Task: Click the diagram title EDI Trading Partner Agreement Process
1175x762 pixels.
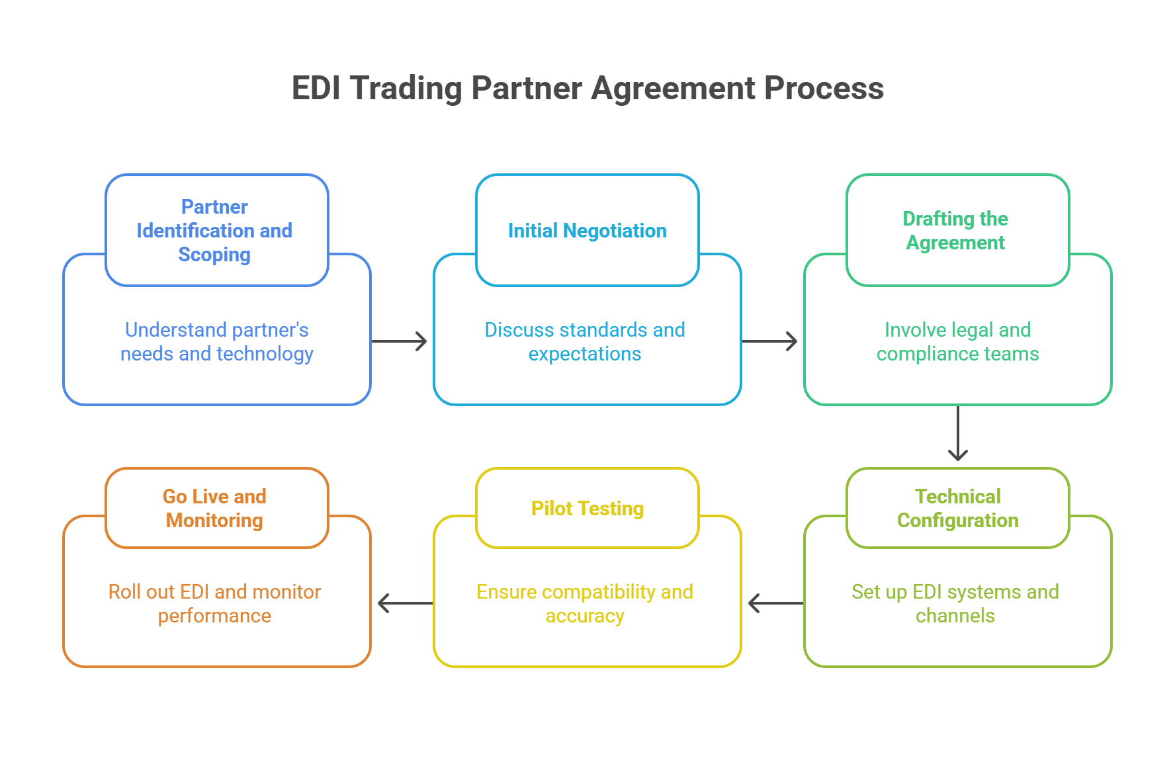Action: tap(587, 88)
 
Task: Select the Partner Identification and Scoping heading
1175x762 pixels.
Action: tap(214, 230)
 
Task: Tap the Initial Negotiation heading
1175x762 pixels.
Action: tap(587, 230)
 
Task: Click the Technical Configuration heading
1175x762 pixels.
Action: tap(957, 508)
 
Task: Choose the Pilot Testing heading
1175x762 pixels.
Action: tap(587, 508)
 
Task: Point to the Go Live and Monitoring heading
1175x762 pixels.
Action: tap(214, 508)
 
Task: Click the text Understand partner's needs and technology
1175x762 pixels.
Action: tap(217, 341)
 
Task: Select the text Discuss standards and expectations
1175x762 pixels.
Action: tap(585, 341)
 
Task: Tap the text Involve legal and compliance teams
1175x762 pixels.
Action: tap(957, 341)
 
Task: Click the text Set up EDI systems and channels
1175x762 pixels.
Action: tap(955, 603)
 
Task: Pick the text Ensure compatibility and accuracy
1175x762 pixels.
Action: tap(585, 603)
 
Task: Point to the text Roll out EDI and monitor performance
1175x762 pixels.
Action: tap(214, 603)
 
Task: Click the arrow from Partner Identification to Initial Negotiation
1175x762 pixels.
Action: tap(400, 341)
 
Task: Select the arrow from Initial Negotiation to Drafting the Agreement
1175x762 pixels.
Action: tap(770, 341)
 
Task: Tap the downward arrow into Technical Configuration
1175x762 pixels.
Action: tap(957, 434)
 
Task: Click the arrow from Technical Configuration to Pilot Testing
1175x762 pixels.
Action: tap(775, 603)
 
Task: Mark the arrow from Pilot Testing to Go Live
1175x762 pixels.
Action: tap(405, 603)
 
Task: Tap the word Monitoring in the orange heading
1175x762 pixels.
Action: tap(214, 521)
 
